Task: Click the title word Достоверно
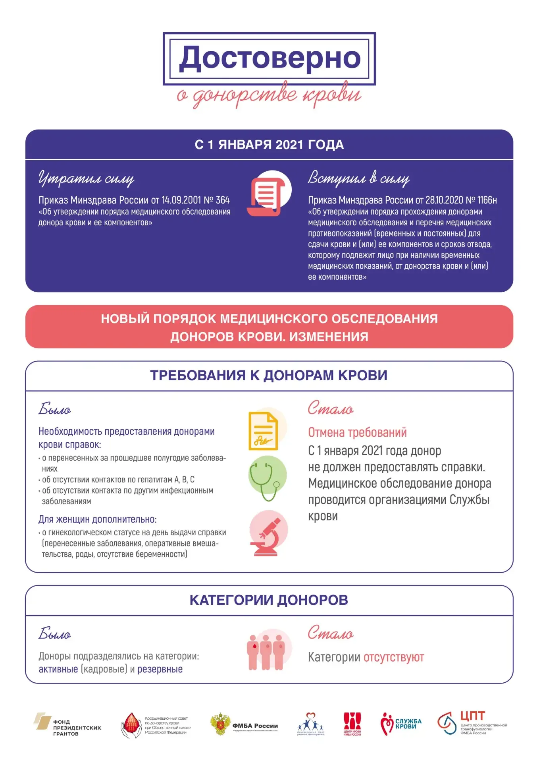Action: pyautogui.click(x=269, y=58)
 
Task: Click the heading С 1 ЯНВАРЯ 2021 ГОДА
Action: pyautogui.click(x=269, y=145)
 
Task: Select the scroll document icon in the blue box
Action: pyautogui.click(x=269, y=194)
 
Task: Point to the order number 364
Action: pyautogui.click(x=223, y=200)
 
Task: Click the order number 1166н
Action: pyautogui.click(x=487, y=200)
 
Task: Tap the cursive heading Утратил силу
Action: pyautogui.click(x=86, y=178)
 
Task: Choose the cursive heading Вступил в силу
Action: pyautogui.click(x=358, y=178)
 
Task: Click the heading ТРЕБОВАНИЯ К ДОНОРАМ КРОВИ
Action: pyautogui.click(x=269, y=376)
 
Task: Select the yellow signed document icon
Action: pyautogui.click(x=264, y=431)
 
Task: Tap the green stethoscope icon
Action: pyautogui.click(x=267, y=478)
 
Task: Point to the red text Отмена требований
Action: pyautogui.click(x=357, y=432)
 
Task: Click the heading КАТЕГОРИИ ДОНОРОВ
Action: pyautogui.click(x=269, y=600)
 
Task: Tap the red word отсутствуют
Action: pyautogui.click(x=394, y=657)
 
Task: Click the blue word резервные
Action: pyautogui.click(x=160, y=669)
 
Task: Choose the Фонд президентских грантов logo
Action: pyautogui.click(x=67, y=726)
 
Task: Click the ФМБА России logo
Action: pyautogui.click(x=244, y=725)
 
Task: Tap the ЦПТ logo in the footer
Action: pyautogui.click(x=472, y=724)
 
